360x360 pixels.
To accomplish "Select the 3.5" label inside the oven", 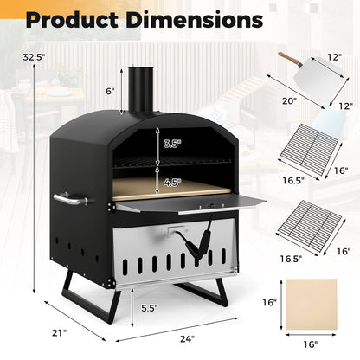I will [x=173, y=145].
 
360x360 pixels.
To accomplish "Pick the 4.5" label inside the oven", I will [x=173, y=183].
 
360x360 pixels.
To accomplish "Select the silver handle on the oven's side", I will [x=69, y=199].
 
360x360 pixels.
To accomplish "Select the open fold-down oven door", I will [x=190, y=204].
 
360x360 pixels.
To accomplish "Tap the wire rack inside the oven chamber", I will [x=164, y=162].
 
